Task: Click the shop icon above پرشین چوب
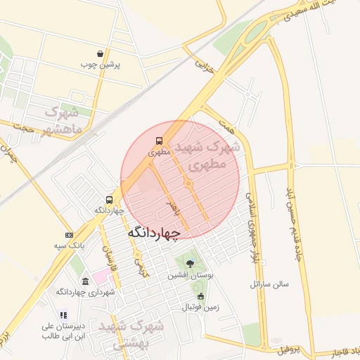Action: [x=101, y=53]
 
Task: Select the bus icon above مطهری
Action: [x=159, y=140]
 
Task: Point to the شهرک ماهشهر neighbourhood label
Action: [x=64, y=120]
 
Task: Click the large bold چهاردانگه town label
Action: [x=154, y=231]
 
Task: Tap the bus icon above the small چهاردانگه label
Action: [x=109, y=200]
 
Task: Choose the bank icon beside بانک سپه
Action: [x=68, y=235]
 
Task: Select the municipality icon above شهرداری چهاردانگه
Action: [x=85, y=281]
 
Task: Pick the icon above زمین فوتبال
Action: [x=200, y=296]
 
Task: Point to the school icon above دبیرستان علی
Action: [x=63, y=316]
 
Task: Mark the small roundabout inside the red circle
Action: [x=188, y=184]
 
